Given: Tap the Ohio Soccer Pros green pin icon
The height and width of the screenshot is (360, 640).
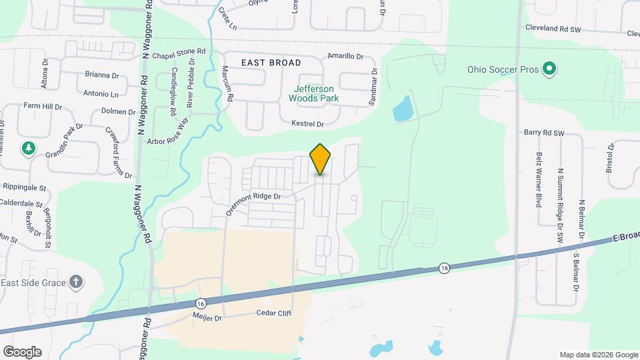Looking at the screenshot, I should click(x=549, y=68).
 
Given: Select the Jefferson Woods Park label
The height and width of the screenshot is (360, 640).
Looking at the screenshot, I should click(x=313, y=93).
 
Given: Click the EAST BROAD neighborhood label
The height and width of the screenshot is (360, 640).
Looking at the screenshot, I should click(x=271, y=63).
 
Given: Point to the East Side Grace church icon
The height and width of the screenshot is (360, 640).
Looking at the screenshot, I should click(x=77, y=281).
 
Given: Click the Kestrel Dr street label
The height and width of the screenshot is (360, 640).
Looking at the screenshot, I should click(x=307, y=124).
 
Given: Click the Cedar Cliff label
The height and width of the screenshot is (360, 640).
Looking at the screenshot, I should click(x=275, y=313).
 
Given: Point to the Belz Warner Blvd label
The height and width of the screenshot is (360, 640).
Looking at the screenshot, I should click(x=538, y=179).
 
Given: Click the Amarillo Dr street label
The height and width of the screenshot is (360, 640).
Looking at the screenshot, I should click(x=345, y=57).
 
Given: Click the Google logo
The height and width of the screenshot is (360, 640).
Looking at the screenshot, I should click(x=22, y=351).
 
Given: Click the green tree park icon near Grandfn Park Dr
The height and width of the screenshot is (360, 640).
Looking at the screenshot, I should click(x=29, y=148).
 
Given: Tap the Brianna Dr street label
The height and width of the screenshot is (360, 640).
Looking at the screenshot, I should click(x=102, y=76).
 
